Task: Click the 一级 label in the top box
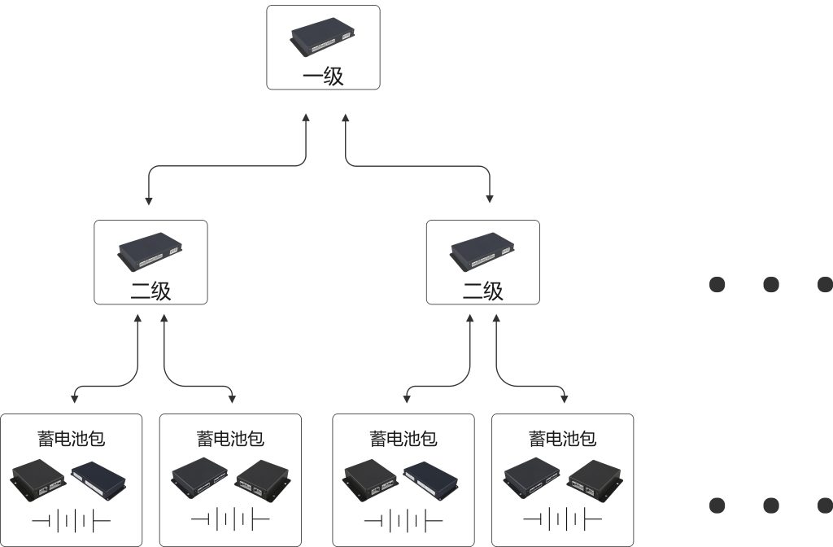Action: [323, 77]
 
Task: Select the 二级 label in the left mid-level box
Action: [151, 291]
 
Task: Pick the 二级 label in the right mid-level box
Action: [483, 291]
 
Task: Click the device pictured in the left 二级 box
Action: [150, 252]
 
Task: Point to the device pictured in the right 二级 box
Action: [483, 252]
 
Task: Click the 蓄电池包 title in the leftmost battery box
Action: [72, 439]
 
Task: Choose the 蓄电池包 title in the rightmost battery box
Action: [563, 439]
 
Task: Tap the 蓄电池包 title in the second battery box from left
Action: [230, 439]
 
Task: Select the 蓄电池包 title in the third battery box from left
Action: [403, 439]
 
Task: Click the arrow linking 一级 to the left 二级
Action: [228, 166]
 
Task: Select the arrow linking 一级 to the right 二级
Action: [419, 166]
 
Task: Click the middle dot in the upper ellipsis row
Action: [771, 284]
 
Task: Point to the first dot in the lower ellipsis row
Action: [717, 505]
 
